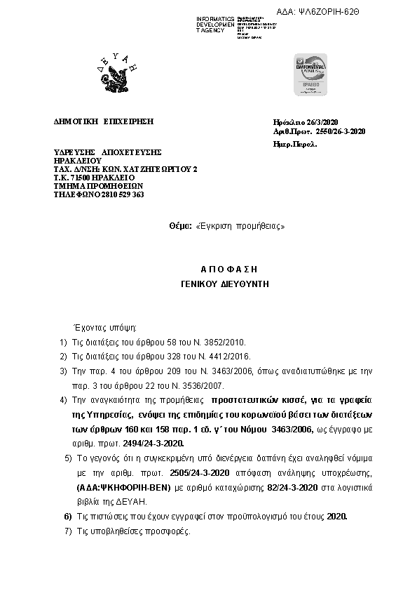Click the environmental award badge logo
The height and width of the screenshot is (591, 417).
pos(305,73)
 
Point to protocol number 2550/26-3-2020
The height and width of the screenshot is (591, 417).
pos(341,131)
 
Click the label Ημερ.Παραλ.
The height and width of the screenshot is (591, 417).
pos(294,143)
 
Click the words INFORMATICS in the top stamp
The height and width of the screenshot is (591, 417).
pos(216,18)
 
